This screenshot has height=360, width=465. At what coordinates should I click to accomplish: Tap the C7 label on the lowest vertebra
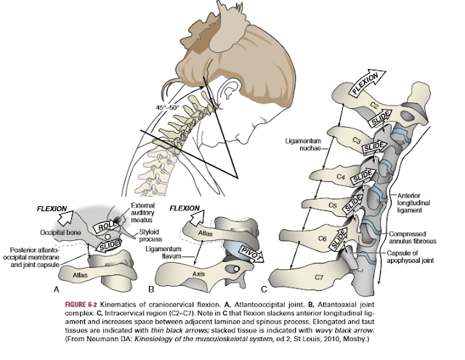[338, 276]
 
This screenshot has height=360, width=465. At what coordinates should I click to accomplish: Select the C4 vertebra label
[339, 176]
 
